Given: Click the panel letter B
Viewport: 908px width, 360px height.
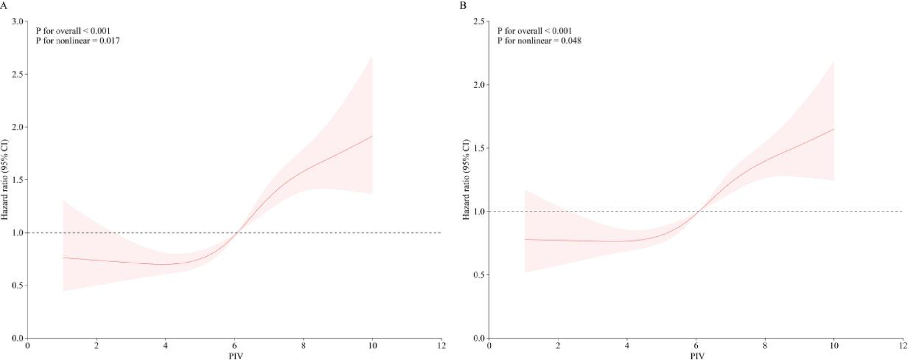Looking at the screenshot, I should [463, 5].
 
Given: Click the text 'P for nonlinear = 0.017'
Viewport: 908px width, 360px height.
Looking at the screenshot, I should [78, 41].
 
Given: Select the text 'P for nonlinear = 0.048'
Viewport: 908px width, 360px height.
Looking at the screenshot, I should [539, 41].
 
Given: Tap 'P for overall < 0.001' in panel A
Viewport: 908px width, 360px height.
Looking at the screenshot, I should [73, 31].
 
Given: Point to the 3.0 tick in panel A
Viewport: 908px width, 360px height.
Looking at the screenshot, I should [17, 22].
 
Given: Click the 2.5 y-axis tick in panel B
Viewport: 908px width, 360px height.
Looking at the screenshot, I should [479, 22].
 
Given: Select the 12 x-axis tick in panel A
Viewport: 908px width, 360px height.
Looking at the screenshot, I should [442, 346].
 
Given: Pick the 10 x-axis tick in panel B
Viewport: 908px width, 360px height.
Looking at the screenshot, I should [834, 346].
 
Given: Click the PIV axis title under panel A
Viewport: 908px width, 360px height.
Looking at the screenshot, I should [236, 356].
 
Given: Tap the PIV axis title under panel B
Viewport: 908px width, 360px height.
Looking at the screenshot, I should [697, 356].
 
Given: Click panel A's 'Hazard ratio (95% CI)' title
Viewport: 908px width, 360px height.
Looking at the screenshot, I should [5, 179].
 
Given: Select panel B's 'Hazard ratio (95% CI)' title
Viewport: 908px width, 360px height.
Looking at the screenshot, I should [466, 179].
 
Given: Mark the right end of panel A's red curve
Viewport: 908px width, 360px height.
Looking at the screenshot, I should [372, 136].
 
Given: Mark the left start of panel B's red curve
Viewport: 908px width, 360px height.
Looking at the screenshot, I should [525, 239].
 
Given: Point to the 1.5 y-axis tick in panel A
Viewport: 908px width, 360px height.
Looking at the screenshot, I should [17, 180].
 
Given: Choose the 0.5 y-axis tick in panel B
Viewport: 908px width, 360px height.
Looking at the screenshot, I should [479, 275].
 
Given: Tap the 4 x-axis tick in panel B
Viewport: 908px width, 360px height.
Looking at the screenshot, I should [627, 346].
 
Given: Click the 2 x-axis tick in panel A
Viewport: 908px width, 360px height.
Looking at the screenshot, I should [97, 346].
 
